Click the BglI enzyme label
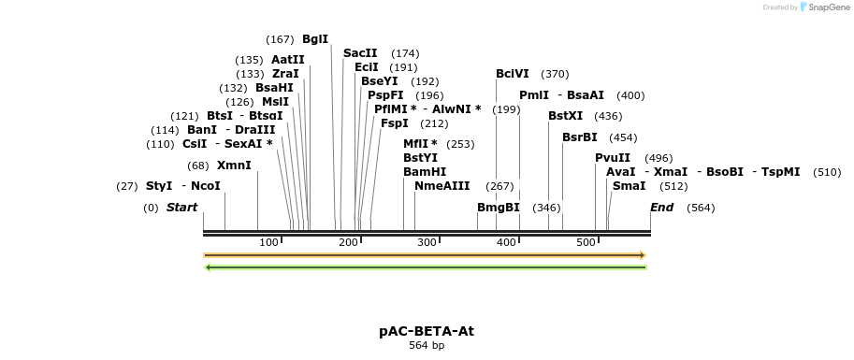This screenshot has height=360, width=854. pos(315,39)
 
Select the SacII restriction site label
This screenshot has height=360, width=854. pos(360,53)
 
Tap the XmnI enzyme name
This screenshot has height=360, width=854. pos(234,166)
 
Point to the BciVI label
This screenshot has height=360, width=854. pos(513,74)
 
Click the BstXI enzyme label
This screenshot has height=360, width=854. pos(565,116)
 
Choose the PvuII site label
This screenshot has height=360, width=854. pos(613,158)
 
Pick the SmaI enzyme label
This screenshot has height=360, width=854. pos(629,186)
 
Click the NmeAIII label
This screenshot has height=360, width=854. pos(442,186)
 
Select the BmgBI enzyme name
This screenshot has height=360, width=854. pos(498,208)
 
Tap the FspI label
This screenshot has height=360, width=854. pos(395,123)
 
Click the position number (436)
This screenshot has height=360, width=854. pos(608,116)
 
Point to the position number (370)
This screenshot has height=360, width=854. pos(555,74)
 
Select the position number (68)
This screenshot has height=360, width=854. pos(198,166)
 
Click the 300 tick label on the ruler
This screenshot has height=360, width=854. pos(427,243)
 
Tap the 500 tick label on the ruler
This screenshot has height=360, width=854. pos(586,243)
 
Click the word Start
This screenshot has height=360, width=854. pos(181,208)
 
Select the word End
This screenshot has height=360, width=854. pos(662,208)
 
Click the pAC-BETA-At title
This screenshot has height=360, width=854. pos(427,331)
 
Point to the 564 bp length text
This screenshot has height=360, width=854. pos(427,346)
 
